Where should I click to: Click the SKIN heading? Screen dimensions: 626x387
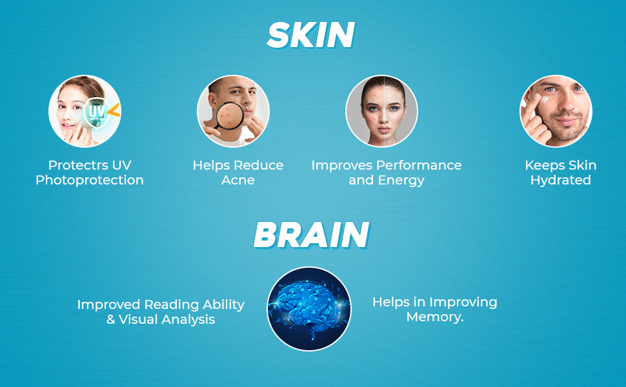(x=310, y=35)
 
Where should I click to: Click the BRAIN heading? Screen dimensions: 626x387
(x=311, y=235)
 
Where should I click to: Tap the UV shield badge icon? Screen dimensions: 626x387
(x=97, y=112)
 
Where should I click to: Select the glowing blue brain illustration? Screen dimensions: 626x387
(x=309, y=309)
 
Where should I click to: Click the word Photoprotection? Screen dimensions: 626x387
(x=90, y=181)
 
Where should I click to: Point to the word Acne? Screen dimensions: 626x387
(x=238, y=181)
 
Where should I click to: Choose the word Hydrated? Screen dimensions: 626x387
(x=561, y=181)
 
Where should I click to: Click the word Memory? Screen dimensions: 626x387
(x=434, y=317)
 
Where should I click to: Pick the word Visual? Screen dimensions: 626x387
(x=138, y=319)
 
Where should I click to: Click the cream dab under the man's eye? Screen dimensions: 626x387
(x=545, y=99)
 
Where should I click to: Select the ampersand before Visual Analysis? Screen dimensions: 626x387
(x=110, y=319)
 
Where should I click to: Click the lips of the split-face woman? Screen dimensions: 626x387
(x=383, y=130)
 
